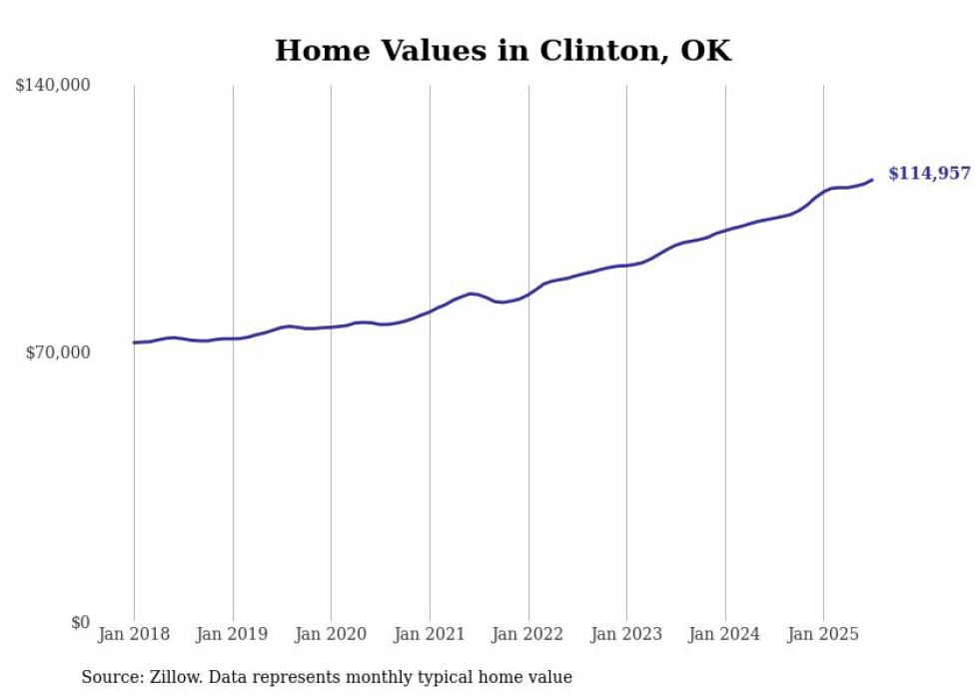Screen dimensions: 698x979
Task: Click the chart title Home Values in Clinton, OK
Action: pos(502,51)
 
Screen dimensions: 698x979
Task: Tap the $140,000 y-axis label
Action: pos(53,86)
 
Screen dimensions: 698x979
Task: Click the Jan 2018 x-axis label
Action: pos(134,634)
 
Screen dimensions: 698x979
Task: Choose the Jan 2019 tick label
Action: pos(233,634)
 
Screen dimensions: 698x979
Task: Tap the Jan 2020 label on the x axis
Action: pos(331,634)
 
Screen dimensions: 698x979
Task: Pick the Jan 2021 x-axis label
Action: pos(430,634)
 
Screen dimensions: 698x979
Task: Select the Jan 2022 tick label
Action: pos(528,634)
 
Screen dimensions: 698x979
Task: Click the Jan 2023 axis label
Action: pos(626,634)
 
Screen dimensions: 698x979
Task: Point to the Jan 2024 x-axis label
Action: pos(725,634)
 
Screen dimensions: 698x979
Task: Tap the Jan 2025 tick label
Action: pos(823,634)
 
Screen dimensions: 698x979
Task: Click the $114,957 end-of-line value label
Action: pos(929,174)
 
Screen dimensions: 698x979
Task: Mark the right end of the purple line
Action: pos(872,180)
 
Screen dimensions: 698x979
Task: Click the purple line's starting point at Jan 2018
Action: pos(134,343)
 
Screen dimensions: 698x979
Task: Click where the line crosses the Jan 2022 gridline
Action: pos(528,294)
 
